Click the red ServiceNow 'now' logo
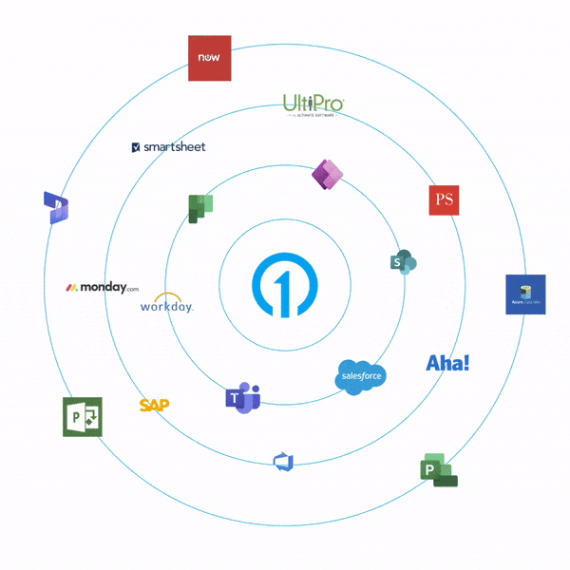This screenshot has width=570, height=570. [x=209, y=59]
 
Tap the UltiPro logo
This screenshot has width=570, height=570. [x=313, y=105]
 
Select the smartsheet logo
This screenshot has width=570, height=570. [x=168, y=147]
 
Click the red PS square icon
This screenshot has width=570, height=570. [x=444, y=199]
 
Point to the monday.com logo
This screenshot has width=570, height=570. [x=102, y=287]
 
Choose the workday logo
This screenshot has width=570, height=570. [x=166, y=303]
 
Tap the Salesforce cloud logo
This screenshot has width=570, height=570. [x=362, y=376]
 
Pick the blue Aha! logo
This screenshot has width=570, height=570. [x=447, y=363]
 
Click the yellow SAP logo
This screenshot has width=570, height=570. [x=154, y=405]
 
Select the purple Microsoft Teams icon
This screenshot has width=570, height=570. [x=243, y=399]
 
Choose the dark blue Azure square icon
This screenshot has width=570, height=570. [x=525, y=294]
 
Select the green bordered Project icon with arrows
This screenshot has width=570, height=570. [x=83, y=417]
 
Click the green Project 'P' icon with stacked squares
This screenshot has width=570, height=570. [x=438, y=470]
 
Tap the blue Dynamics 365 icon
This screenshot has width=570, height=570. [x=55, y=208]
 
